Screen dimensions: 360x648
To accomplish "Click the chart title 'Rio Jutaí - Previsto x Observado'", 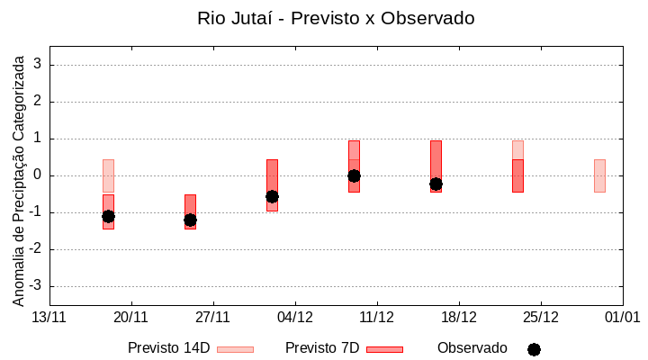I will click(x=336, y=18).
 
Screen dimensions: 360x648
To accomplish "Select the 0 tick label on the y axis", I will click(x=38, y=175).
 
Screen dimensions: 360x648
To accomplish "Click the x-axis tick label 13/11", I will click(x=49, y=317).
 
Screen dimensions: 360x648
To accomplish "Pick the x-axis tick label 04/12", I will click(x=295, y=317).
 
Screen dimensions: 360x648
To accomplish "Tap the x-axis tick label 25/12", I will click(x=540, y=317).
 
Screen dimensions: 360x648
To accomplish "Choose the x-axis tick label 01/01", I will click(x=622, y=317).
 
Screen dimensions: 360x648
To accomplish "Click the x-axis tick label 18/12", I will click(x=458, y=317).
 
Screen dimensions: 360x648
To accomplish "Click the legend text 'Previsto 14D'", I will click(x=168, y=348).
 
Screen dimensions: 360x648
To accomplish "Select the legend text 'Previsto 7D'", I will click(x=322, y=348).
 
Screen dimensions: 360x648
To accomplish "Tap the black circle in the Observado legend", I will click(x=534, y=349).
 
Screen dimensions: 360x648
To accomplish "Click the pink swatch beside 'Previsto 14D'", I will click(x=235, y=349).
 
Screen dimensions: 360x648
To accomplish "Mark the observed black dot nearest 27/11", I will click(x=190, y=220).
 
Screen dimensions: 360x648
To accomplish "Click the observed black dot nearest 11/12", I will click(x=354, y=175).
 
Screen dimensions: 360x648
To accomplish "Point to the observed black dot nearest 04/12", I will click(x=272, y=196).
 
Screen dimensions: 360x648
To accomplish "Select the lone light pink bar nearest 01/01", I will click(x=599, y=175).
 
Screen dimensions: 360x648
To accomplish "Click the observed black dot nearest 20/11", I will click(x=108, y=216).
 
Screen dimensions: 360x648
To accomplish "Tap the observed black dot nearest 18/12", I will click(x=436, y=184).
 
